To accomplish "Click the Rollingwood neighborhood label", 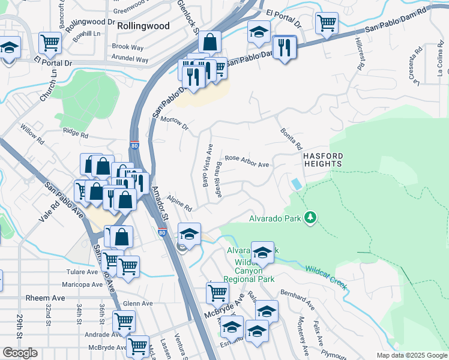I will [143, 26].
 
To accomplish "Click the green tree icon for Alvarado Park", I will [310, 217].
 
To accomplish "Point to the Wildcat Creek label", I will [325, 277].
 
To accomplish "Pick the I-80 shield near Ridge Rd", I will [133, 145].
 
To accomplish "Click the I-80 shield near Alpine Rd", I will [162, 232].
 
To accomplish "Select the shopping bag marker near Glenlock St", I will [209, 43].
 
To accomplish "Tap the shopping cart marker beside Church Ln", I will [50, 43].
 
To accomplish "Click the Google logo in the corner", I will [20, 353].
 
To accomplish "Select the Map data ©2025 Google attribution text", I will [411, 355].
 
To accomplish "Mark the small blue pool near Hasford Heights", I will [296, 184].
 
